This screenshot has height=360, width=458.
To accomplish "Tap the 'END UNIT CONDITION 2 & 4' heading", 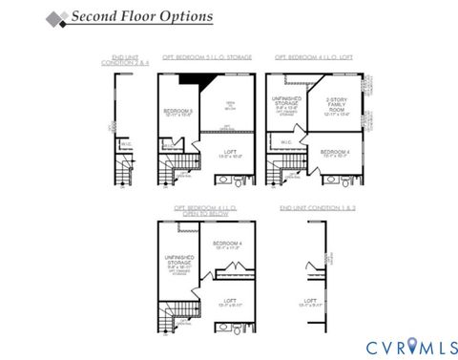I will point(120,60).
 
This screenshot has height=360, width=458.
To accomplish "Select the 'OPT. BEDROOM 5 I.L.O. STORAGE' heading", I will point(207,57).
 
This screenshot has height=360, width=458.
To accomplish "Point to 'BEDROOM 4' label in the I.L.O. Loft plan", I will point(335,153).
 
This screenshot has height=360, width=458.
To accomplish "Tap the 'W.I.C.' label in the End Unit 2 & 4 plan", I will point(125,144).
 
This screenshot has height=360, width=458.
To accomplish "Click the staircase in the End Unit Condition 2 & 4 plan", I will point(122,173).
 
